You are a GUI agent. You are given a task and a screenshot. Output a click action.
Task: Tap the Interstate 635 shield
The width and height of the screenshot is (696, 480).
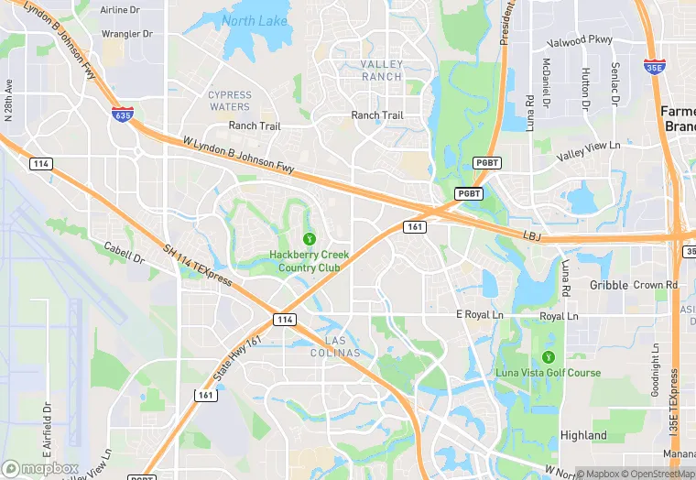(121, 115)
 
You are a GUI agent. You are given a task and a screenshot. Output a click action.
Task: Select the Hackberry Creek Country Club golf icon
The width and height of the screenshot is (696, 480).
(308, 239)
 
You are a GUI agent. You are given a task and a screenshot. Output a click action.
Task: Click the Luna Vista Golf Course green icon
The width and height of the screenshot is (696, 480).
(549, 356)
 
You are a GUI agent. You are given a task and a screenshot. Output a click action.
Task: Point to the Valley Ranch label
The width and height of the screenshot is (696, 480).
(381, 70)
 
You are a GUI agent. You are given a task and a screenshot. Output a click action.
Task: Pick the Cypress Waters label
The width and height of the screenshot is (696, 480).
(229, 100)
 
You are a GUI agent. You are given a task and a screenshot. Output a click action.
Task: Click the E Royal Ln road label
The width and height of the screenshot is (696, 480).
(479, 315)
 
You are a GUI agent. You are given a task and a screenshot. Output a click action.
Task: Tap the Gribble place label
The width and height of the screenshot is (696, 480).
(609, 285)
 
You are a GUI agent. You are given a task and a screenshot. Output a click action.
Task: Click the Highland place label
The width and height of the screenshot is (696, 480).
(583, 435)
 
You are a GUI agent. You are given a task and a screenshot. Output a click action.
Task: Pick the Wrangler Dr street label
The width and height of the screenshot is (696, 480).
(127, 34)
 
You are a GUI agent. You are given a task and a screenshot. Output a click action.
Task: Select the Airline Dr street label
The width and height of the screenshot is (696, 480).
(120, 10)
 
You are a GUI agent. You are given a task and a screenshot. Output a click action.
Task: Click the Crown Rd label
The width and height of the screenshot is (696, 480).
(655, 285)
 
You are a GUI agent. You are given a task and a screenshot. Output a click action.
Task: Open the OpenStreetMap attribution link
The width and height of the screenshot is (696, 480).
(656, 474)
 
